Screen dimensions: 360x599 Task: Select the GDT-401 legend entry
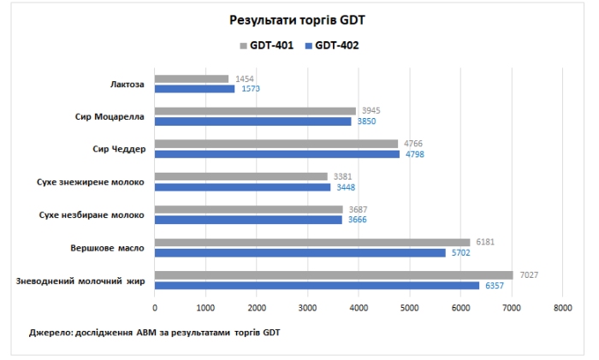270,45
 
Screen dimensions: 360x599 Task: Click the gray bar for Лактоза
192,79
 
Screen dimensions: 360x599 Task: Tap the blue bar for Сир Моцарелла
253,121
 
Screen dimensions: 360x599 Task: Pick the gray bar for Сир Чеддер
276,144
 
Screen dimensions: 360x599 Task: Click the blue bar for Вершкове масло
300,253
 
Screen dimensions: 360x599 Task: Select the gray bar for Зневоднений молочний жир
334,275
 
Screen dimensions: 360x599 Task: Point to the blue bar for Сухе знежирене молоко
242,187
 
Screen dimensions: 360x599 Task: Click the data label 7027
528,275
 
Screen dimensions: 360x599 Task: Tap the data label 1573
251,89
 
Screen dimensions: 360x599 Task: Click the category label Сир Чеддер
119,149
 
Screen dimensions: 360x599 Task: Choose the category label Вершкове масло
107,248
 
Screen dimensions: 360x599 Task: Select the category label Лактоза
128,84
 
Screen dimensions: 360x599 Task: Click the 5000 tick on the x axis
409,308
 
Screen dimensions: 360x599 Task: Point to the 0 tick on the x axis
155,308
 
